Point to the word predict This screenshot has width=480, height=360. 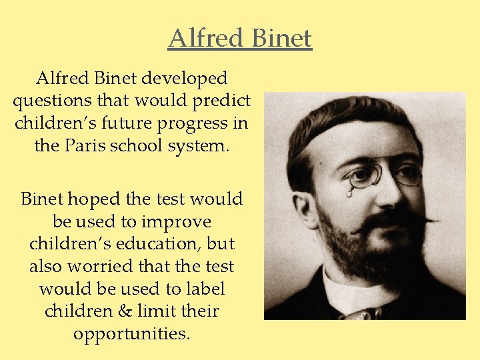225,101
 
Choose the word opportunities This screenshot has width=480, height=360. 132,333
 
